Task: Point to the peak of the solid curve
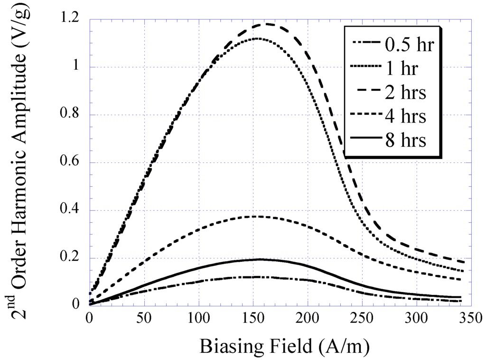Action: point(260,259)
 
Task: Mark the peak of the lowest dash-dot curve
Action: point(256,276)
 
